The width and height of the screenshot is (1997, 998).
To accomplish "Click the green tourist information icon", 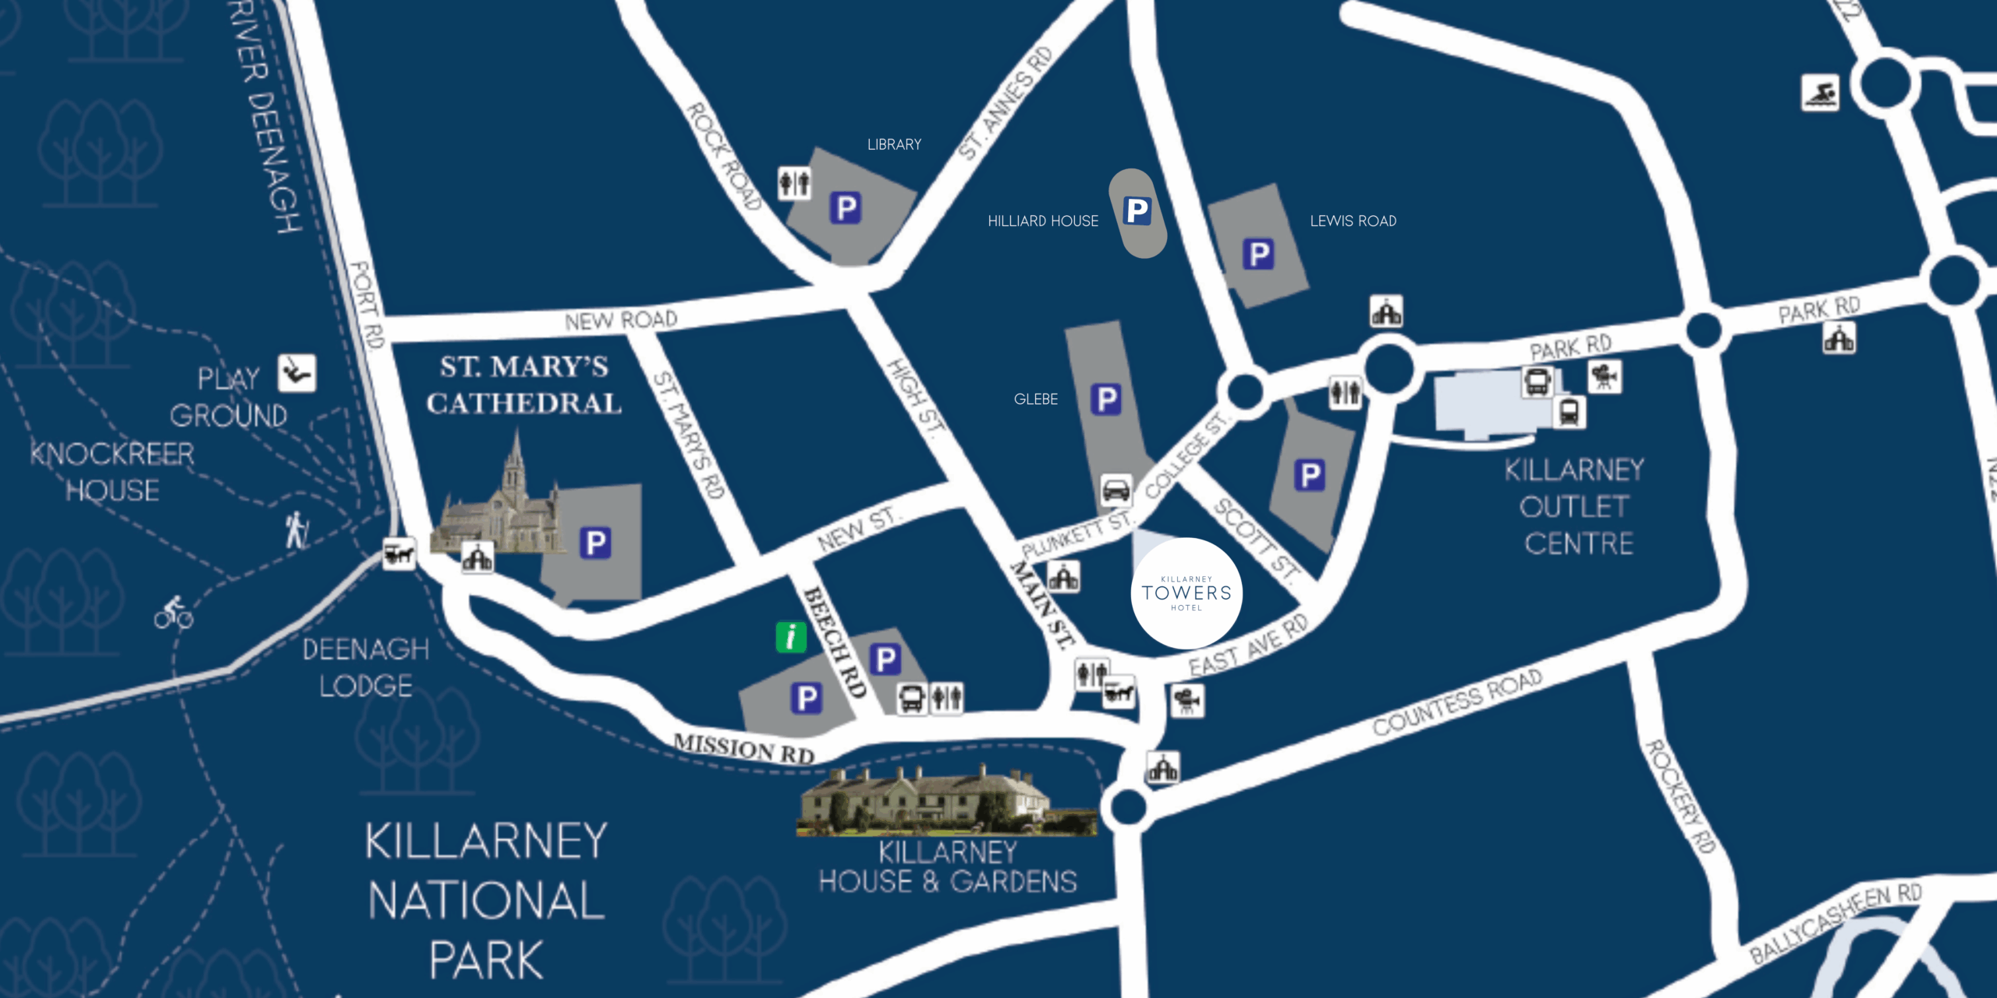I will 791,637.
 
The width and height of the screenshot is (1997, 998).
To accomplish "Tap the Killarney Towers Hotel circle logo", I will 1186,593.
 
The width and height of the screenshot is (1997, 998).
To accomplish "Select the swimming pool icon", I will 1820,94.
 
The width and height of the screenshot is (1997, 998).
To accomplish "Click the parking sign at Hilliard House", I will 1137,211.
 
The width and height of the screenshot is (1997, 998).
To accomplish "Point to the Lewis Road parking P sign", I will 1257,254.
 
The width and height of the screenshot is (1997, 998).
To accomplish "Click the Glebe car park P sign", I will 1105,399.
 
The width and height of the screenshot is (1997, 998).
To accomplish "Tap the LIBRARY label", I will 894,144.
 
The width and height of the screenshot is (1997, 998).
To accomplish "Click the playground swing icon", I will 297,373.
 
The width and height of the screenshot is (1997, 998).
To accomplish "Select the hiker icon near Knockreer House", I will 296,530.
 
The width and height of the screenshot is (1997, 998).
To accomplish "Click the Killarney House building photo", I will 945,801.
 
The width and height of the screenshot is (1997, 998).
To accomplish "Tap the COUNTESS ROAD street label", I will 1457,702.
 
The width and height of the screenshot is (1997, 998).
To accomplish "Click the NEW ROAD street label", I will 621,320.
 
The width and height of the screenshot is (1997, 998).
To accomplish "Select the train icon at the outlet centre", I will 1569,412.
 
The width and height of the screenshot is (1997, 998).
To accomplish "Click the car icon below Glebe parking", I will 1116,490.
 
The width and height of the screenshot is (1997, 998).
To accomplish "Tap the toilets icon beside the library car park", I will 794,184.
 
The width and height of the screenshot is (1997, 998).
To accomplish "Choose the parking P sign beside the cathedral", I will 595,543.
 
